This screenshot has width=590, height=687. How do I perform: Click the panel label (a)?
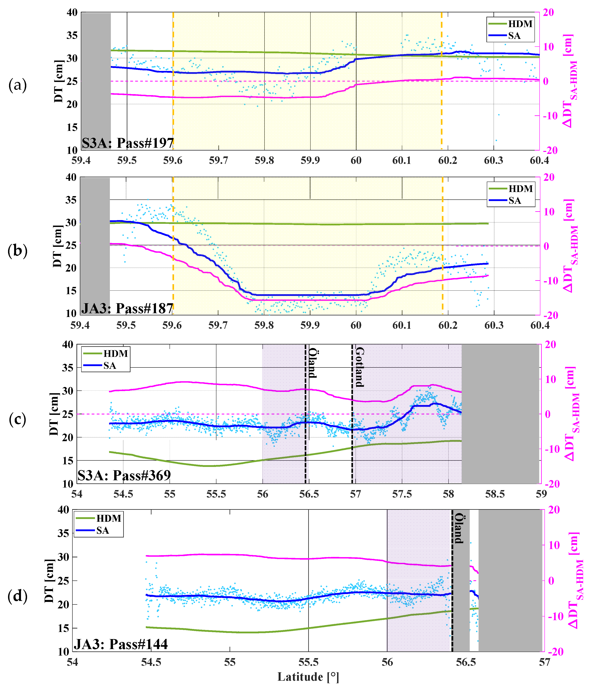[x=17, y=85]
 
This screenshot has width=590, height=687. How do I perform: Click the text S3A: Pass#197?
[x=128, y=143]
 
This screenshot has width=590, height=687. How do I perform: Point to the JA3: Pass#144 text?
[x=120, y=644]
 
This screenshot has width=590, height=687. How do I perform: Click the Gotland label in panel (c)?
[x=360, y=367]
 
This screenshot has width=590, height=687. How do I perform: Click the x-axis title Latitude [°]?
[x=308, y=676]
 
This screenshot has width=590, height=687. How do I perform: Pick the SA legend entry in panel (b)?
[x=514, y=201]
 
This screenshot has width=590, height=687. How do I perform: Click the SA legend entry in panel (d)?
[x=103, y=531]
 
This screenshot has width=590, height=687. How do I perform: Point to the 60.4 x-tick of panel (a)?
[x=539, y=161]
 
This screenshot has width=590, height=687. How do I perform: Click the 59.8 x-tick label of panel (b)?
[x=264, y=325]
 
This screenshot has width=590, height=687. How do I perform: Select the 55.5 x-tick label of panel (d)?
[x=308, y=662]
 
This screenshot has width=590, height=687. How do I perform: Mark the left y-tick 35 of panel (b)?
[x=71, y=200]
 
